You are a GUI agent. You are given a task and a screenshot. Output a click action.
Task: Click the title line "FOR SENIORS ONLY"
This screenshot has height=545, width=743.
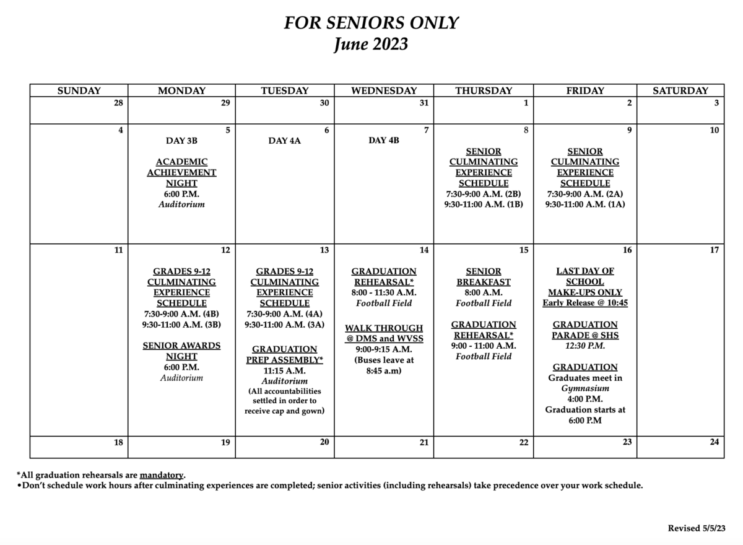pyautogui.click(x=371, y=23)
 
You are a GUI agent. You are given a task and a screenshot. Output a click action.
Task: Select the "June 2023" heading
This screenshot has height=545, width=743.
pyautogui.click(x=371, y=45)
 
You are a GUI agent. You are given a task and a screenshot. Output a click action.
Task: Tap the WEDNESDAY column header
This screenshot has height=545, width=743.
pyautogui.click(x=384, y=90)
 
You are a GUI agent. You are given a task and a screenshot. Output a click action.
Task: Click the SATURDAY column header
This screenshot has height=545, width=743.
pyautogui.click(x=680, y=90)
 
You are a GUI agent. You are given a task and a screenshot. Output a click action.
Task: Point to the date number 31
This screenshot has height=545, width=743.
pyautogui.click(x=424, y=103)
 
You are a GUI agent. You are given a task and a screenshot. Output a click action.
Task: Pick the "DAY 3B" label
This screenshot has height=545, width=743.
pyautogui.click(x=181, y=141)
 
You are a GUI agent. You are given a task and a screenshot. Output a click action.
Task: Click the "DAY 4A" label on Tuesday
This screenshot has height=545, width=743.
pyautogui.click(x=285, y=141)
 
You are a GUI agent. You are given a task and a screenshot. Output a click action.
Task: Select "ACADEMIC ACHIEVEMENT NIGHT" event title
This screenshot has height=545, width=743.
pyautogui.click(x=181, y=172)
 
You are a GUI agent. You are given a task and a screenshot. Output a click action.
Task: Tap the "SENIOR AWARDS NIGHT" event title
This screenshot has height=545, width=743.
pyautogui.click(x=181, y=351)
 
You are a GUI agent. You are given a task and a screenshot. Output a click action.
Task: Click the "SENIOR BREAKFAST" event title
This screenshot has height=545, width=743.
pyautogui.click(x=484, y=276)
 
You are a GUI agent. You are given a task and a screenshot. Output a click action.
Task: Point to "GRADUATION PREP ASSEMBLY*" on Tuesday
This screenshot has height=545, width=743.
pyautogui.click(x=285, y=354)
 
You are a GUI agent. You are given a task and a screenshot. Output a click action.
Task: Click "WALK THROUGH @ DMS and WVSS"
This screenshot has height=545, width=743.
pyautogui.click(x=384, y=333)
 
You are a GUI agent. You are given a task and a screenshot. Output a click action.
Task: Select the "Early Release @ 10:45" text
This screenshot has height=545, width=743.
pyautogui.click(x=585, y=303)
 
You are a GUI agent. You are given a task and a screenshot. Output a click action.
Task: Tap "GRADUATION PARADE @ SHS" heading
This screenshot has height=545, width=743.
pyautogui.click(x=585, y=329)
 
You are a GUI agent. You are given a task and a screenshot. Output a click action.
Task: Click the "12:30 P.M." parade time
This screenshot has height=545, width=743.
pyautogui.click(x=585, y=346)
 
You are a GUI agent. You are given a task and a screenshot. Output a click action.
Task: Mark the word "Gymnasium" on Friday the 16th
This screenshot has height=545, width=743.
pyautogui.click(x=585, y=388)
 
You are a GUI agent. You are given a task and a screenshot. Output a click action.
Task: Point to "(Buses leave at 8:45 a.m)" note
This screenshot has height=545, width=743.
pyautogui.click(x=384, y=365)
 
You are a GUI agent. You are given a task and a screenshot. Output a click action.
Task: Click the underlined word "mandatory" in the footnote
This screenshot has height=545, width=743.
pyautogui.click(x=162, y=475)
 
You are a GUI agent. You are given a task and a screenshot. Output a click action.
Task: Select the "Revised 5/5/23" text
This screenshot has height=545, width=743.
pyautogui.click(x=696, y=528)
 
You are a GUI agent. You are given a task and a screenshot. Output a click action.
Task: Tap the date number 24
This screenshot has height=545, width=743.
pyautogui.click(x=714, y=442)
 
